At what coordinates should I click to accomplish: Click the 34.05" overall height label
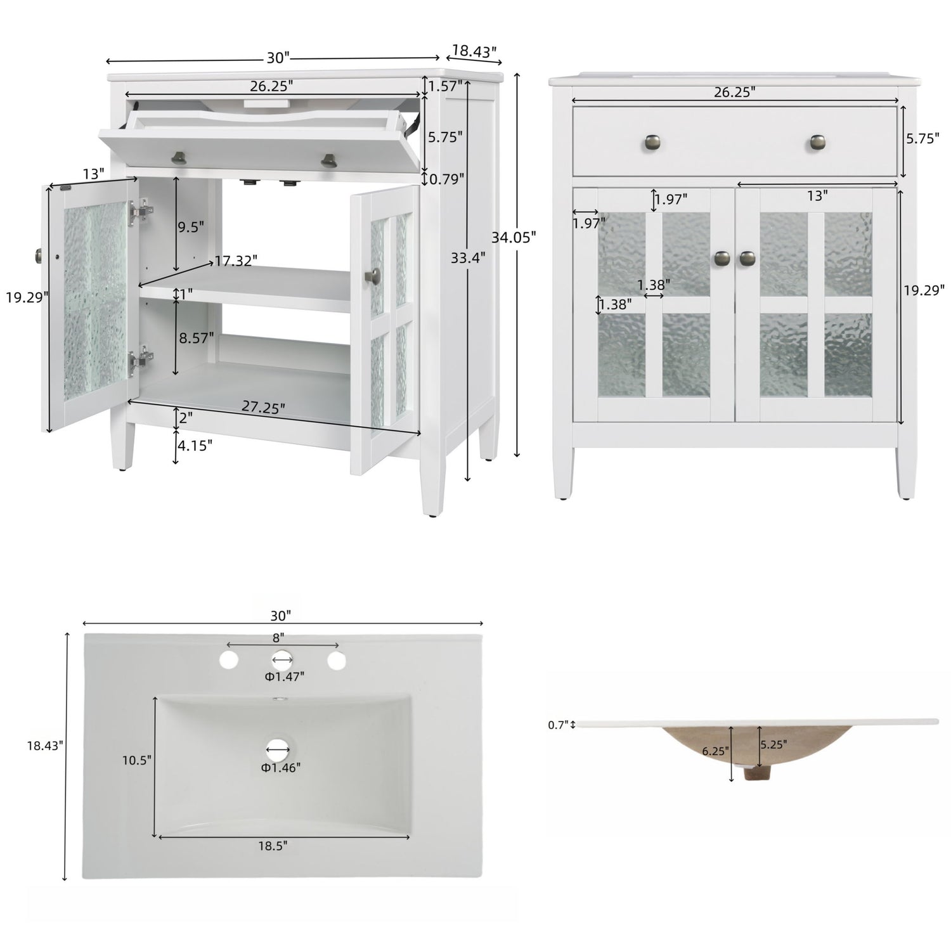pyautogui.click(x=514, y=237)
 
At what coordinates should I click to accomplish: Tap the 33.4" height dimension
pyautogui.click(x=468, y=257)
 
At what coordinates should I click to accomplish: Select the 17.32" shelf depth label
pyautogui.click(x=235, y=261)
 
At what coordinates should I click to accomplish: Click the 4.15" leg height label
pyautogui.click(x=195, y=445)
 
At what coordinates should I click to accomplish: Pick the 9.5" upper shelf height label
pyautogui.click(x=191, y=226)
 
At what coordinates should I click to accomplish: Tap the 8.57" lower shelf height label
pyautogui.click(x=196, y=338)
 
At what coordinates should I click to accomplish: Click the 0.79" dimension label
pyautogui.click(x=447, y=179)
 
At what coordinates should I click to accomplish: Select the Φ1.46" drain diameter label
pyautogui.click(x=280, y=768)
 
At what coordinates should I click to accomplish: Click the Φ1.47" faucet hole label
pyautogui.click(x=284, y=676)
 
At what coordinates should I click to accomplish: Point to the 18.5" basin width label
pyautogui.click(x=273, y=845)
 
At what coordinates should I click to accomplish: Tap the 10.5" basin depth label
pyautogui.click(x=137, y=760)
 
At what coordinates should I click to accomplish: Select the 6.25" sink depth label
pyautogui.click(x=716, y=751)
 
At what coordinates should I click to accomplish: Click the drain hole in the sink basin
pyautogui.click(x=278, y=749)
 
